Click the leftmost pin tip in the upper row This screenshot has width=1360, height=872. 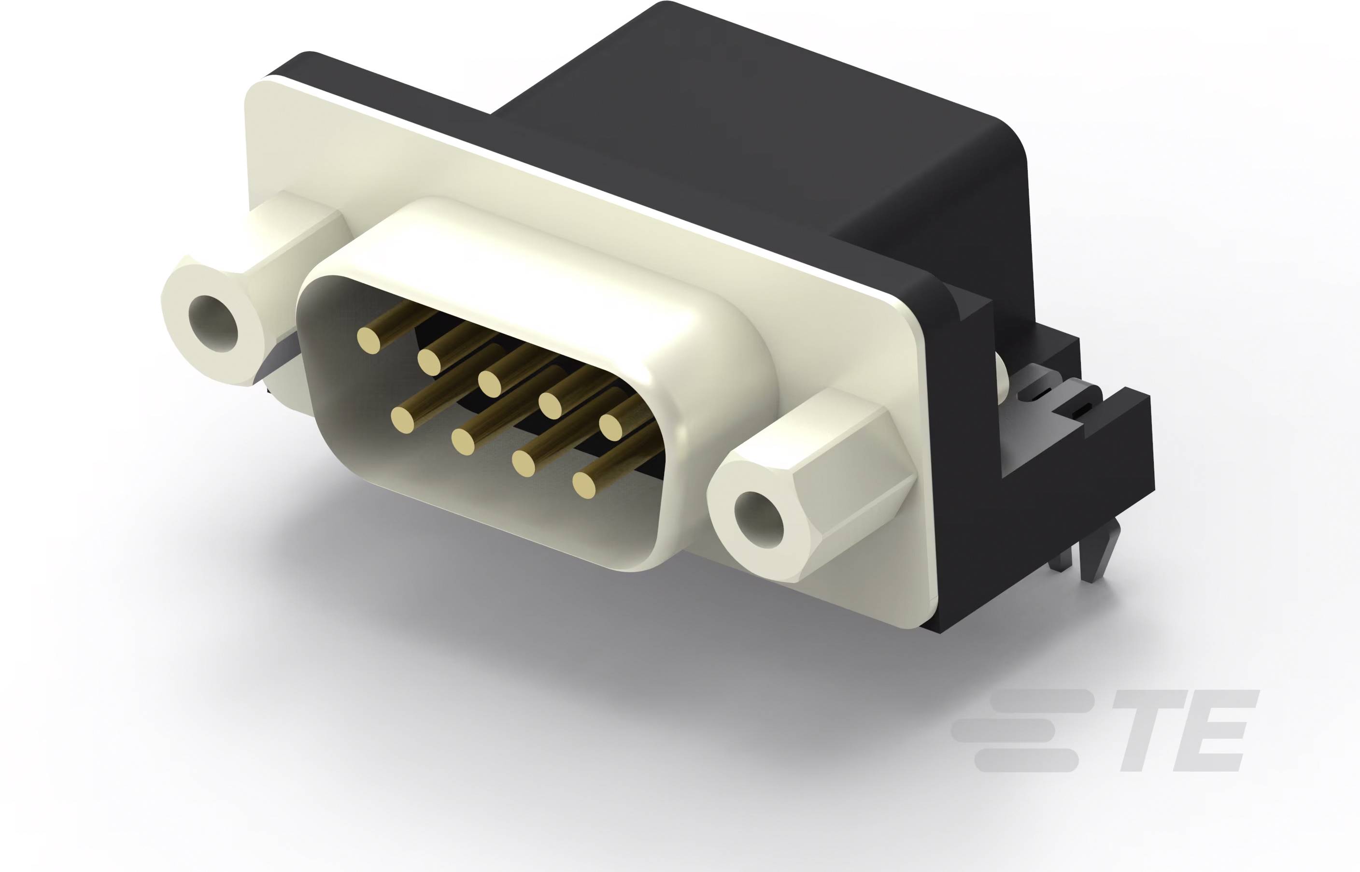pyautogui.click(x=368, y=340)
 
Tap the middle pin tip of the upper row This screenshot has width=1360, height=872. pyautogui.click(x=490, y=383)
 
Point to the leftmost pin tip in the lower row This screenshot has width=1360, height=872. pyautogui.click(x=403, y=420)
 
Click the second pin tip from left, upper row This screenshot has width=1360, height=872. pyautogui.click(x=429, y=362)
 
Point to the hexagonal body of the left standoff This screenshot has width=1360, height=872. pyautogui.click(x=294, y=243)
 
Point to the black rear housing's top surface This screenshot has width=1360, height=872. pyautogui.click(x=764, y=113)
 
